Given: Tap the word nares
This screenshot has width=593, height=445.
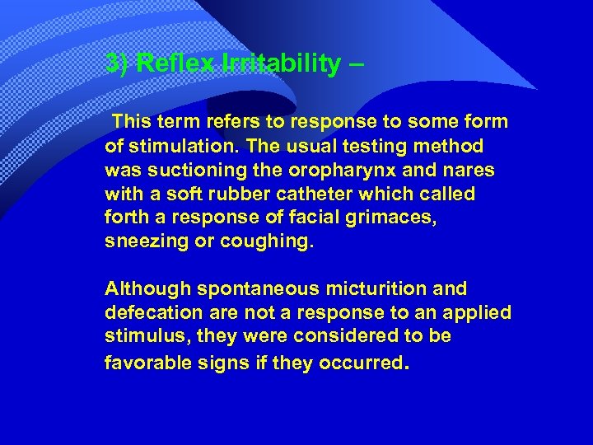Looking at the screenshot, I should coord(469,171).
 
